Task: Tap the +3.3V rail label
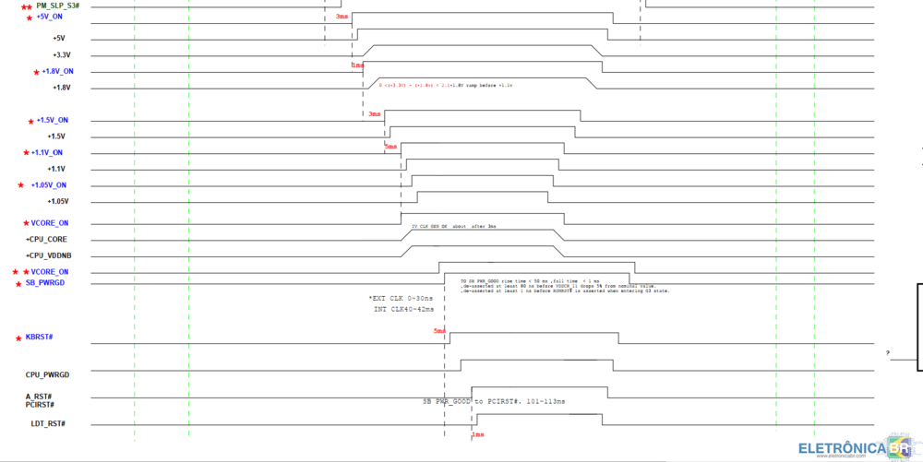(61, 55)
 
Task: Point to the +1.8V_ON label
(54, 71)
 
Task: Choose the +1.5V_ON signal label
(52, 120)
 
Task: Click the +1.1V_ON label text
(47, 152)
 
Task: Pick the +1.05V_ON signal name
(49, 184)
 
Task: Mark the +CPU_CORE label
(46, 239)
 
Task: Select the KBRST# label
(39, 338)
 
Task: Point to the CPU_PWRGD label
(47, 374)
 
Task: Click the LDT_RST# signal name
(48, 423)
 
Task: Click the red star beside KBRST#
(18, 338)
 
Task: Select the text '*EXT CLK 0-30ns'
(400, 299)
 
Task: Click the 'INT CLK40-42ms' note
(402, 309)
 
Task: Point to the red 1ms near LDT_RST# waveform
(477, 434)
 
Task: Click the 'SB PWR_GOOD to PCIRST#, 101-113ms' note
(494, 402)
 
